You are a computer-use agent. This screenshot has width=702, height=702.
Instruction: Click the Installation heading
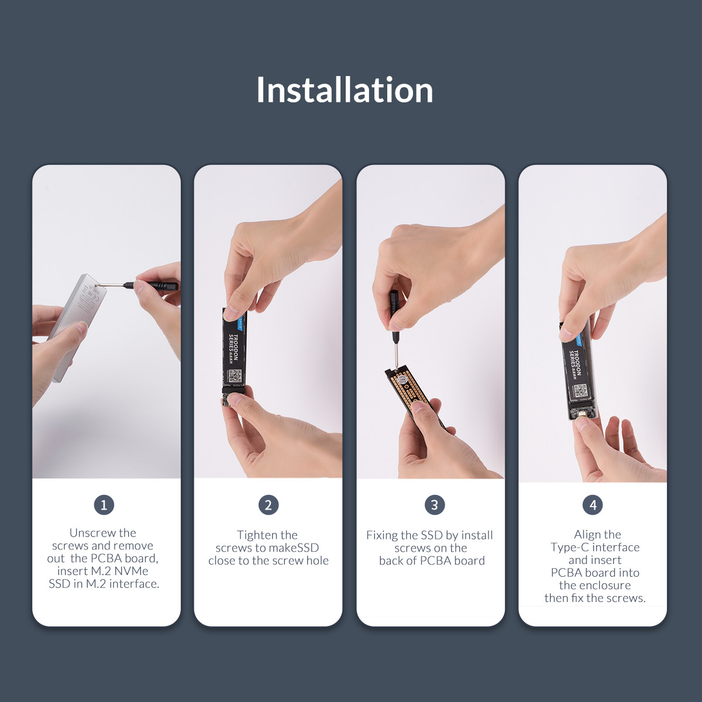(345, 90)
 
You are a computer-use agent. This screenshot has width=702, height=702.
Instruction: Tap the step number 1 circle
(104, 505)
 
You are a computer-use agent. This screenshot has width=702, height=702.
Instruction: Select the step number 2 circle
(269, 505)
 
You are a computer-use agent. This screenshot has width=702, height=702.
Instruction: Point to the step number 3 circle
(435, 505)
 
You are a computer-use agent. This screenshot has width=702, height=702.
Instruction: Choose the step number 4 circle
(593, 505)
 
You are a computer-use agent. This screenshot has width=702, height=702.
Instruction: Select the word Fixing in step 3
(382, 535)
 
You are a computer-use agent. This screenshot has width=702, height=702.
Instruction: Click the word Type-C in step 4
(569, 547)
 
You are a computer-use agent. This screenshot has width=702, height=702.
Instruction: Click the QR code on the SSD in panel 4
(580, 391)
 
